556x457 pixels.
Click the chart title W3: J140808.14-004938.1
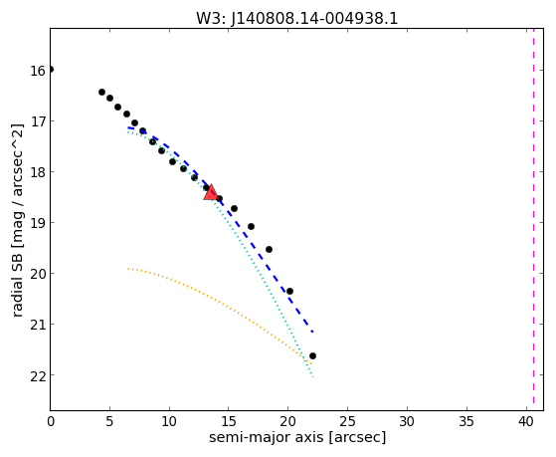297,18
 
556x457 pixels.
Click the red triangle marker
211,193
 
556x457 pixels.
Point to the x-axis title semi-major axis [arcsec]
297,437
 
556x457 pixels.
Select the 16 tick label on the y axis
38,71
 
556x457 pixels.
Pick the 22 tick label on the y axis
38,376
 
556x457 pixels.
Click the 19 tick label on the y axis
38,224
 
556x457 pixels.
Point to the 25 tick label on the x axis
347,421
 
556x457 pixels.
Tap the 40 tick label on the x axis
525,421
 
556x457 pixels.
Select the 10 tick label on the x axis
169,421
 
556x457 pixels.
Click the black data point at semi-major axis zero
51,70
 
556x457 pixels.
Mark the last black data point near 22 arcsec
312,355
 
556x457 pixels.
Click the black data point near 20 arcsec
289,291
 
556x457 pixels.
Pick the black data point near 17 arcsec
251,226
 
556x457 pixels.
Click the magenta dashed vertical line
533,219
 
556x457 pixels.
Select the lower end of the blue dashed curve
312,332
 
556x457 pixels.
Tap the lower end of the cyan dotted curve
312,376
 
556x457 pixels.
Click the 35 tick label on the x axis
466,421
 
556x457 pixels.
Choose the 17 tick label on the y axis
38,122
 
